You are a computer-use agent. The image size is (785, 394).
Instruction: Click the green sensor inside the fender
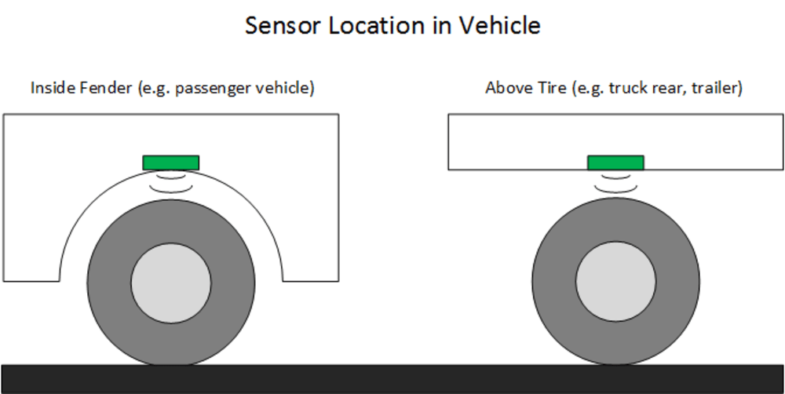point(170,162)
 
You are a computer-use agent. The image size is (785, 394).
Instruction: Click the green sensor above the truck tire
point(615,162)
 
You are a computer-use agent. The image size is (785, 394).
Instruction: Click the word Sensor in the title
point(279,25)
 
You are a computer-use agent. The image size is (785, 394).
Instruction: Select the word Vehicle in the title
point(501,25)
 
